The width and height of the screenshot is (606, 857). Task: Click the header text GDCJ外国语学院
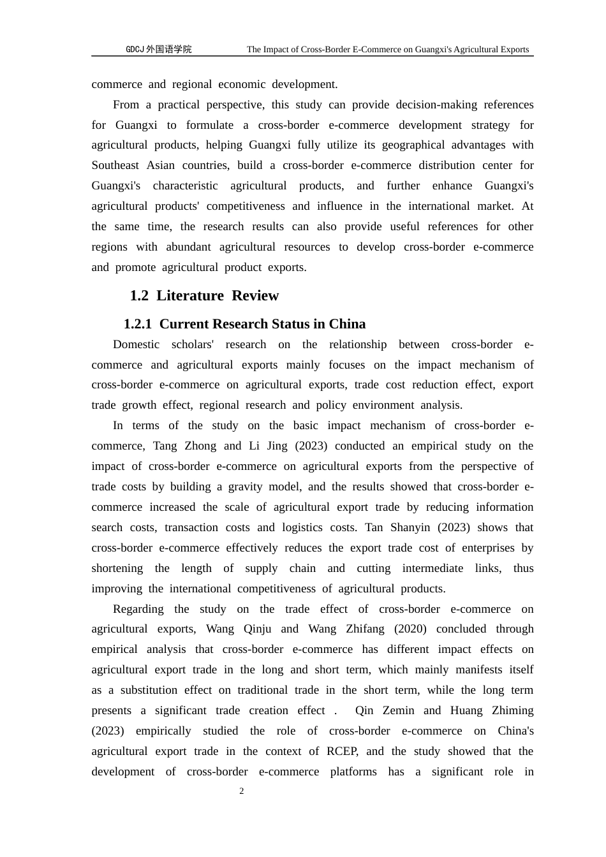(x=158, y=49)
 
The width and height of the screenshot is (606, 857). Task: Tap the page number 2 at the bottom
(x=242, y=791)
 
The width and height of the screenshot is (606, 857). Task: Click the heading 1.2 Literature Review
(x=204, y=295)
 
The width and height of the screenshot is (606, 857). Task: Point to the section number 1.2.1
(x=138, y=324)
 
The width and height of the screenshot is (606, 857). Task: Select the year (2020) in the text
(x=410, y=629)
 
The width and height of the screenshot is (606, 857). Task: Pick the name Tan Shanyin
(x=398, y=527)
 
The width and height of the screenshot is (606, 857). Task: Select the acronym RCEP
(x=342, y=751)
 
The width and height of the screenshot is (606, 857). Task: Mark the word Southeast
(x=115, y=165)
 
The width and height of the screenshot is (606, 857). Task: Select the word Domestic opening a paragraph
(x=136, y=344)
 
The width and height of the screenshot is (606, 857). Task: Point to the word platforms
(x=353, y=772)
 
